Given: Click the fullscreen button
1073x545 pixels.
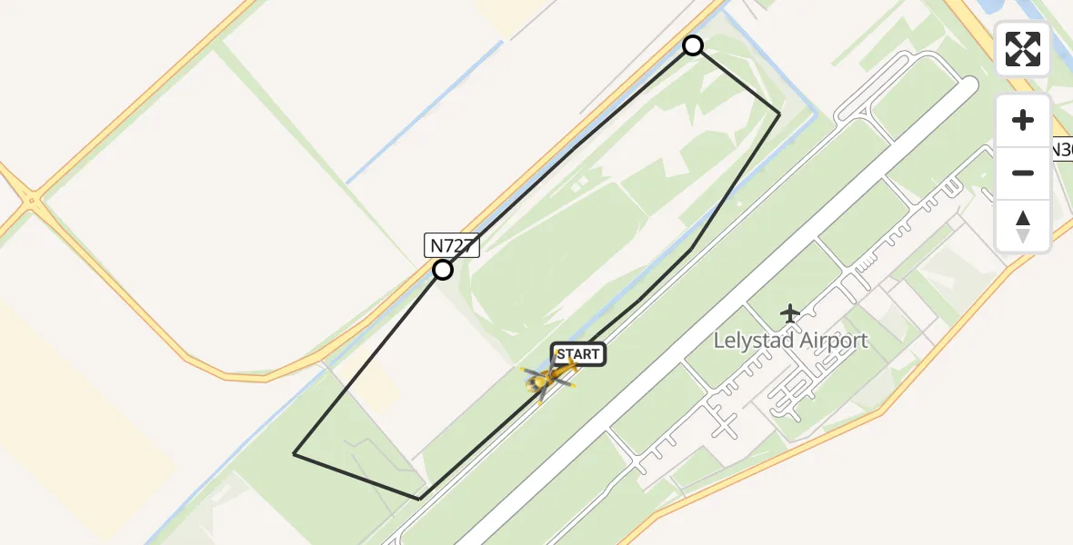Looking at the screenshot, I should (1023, 49).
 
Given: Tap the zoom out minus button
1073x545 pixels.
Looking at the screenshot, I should (1023, 173).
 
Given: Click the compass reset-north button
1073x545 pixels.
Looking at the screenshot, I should (1023, 225).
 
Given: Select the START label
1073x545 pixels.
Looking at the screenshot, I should (578, 354).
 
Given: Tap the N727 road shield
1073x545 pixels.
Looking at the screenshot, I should (452, 245).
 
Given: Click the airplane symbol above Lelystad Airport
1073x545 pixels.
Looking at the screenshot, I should (789, 314).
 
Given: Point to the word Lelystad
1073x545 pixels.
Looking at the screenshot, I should (753, 342).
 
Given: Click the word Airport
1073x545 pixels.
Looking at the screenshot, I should (833, 342).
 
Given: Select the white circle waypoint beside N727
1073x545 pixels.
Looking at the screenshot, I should (443, 270).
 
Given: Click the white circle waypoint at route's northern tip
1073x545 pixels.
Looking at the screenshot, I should (693, 45).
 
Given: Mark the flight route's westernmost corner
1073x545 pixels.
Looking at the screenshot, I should (294, 453).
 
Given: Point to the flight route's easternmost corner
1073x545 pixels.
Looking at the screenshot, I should (779, 114).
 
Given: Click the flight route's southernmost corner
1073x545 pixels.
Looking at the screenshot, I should (419, 499).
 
